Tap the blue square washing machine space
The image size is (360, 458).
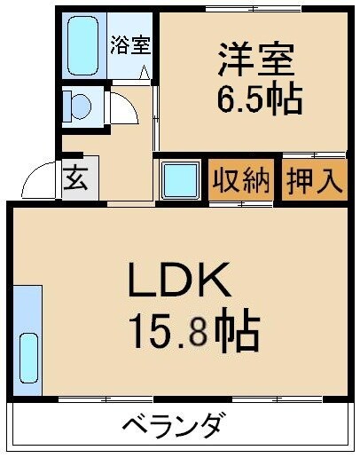(183, 180)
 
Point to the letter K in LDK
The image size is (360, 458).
(218, 283)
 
